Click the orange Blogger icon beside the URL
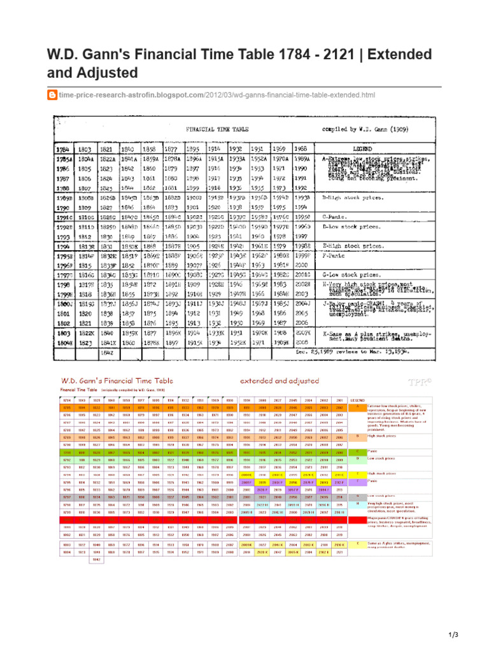[53, 95]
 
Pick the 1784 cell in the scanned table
[61, 148]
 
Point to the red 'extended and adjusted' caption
[280, 380]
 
